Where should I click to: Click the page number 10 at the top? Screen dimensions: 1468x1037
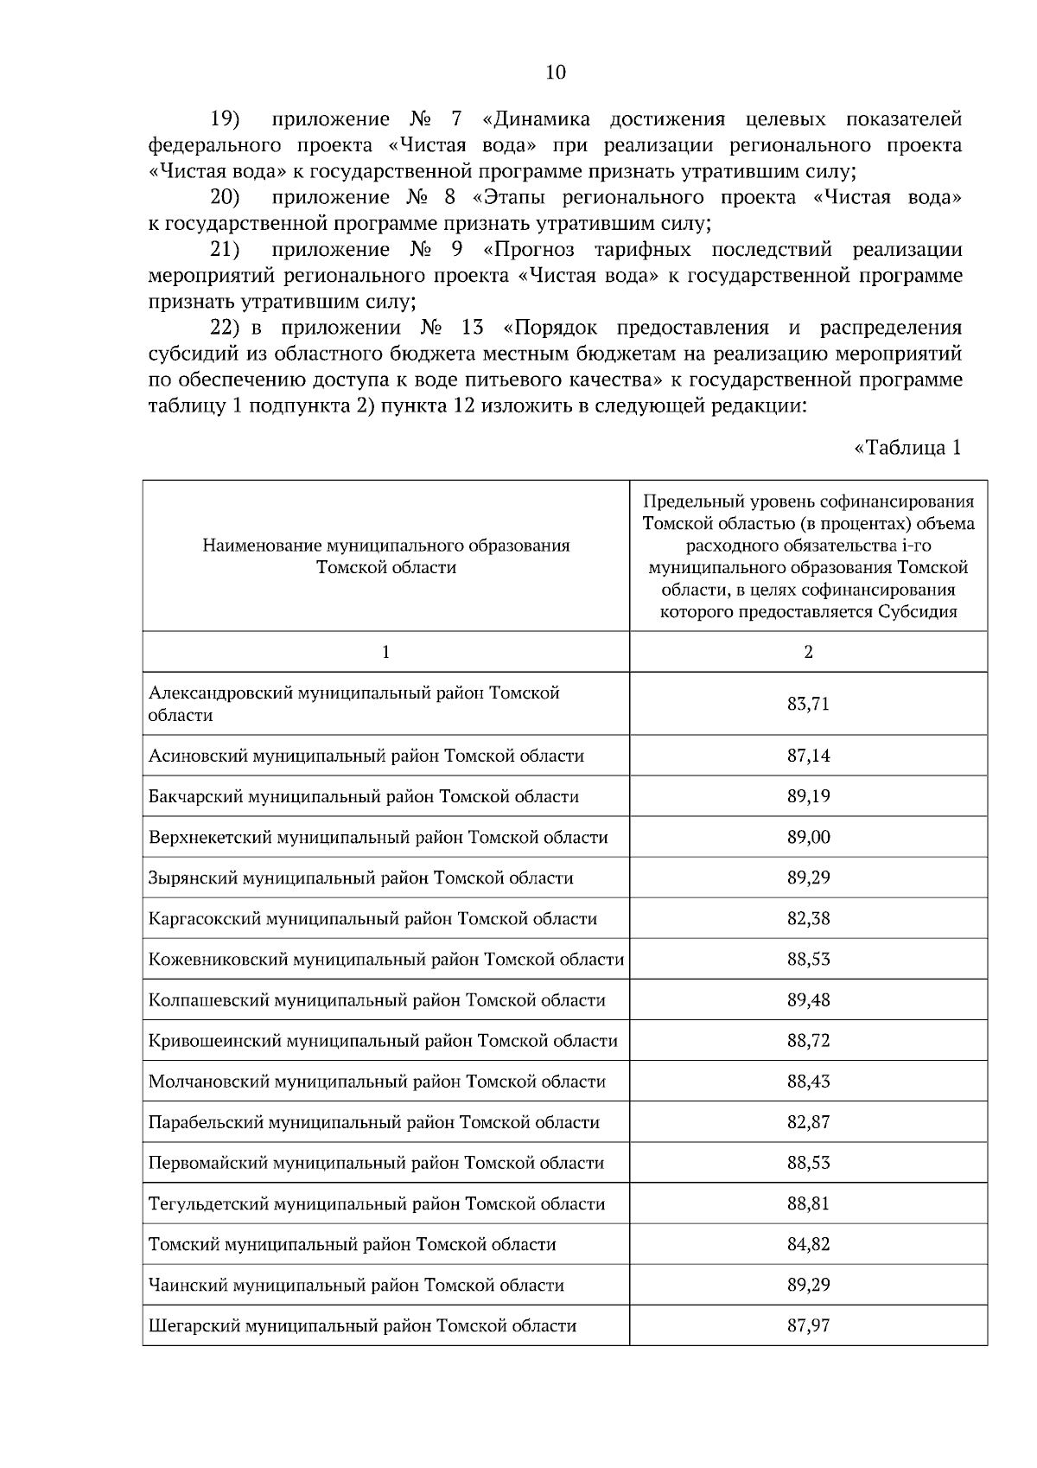pyautogui.click(x=556, y=73)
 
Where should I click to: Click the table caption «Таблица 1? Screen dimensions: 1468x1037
pyautogui.click(x=907, y=448)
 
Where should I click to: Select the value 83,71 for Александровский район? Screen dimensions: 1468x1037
pyautogui.click(x=808, y=704)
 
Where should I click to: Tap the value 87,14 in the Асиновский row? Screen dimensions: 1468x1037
pyautogui.click(x=808, y=756)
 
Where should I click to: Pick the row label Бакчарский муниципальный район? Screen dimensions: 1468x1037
pyautogui.click(x=363, y=796)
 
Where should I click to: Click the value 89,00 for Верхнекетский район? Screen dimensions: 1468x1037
pyautogui.click(x=808, y=837)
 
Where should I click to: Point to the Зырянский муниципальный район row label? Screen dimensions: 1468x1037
pyautogui.click(x=360, y=878)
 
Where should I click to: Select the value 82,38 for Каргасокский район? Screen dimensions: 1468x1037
pyautogui.click(x=808, y=918)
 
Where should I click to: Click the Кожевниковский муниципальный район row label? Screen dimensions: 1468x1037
pyautogui.click(x=385, y=959)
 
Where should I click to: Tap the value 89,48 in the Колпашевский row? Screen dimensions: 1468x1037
pyautogui.click(x=808, y=999)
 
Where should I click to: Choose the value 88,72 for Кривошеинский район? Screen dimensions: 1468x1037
pyautogui.click(x=808, y=1040)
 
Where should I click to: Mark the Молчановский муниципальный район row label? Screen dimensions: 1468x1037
pyautogui.click(x=377, y=1081)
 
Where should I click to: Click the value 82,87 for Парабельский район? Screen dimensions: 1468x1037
pyautogui.click(x=808, y=1122)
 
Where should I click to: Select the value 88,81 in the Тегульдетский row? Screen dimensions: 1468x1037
pyautogui.click(x=808, y=1203)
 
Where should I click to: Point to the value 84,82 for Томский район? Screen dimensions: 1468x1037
pyautogui.click(x=808, y=1244)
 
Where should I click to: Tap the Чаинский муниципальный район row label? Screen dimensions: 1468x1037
pyautogui.click(x=356, y=1285)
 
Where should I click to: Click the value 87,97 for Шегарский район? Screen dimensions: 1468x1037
pyautogui.click(x=808, y=1325)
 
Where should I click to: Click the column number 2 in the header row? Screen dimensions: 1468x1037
pyautogui.click(x=808, y=653)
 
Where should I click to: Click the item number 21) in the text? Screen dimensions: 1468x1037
pyautogui.click(x=225, y=250)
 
